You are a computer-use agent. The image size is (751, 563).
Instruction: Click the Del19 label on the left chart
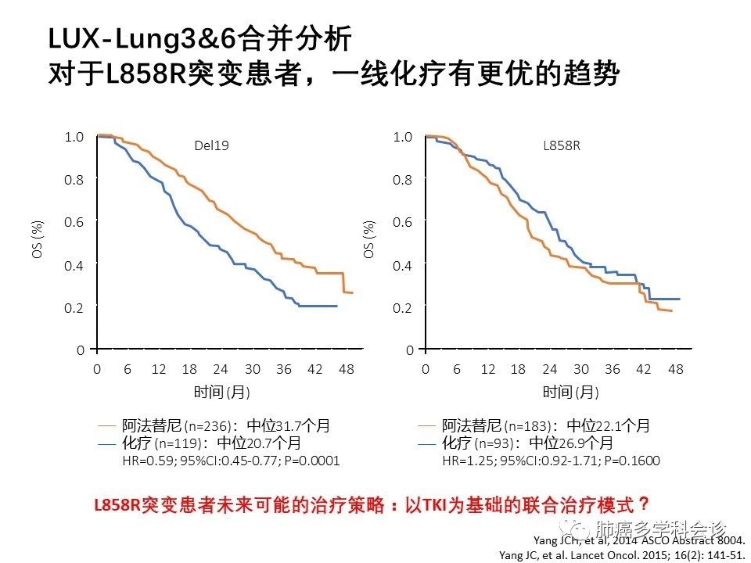pos(212,145)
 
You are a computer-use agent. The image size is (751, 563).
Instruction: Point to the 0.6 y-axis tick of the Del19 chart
pos(74,222)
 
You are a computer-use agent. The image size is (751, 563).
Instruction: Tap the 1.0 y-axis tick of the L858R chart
pos(402,137)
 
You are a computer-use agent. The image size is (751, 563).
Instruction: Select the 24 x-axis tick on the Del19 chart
pos(221,369)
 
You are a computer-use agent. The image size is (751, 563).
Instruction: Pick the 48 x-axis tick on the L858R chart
pos(676,369)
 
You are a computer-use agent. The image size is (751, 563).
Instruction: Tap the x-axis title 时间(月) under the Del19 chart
pos(221,392)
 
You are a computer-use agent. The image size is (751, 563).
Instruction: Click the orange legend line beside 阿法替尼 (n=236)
pos(107,427)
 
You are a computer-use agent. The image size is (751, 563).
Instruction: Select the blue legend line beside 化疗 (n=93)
pos(427,444)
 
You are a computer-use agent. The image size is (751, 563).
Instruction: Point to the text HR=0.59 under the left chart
pos(144,461)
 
